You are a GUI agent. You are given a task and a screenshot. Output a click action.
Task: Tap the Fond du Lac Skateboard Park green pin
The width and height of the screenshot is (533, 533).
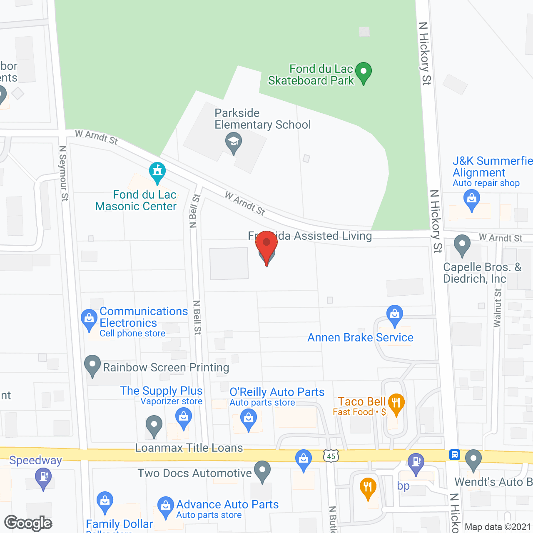[x=364, y=72]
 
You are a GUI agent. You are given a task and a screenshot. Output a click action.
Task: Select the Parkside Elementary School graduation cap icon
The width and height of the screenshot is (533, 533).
[x=234, y=142]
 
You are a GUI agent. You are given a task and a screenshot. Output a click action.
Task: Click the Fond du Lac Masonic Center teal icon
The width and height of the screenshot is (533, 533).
[x=157, y=172]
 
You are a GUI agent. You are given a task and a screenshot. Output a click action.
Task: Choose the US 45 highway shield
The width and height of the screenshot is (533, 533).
[x=331, y=456]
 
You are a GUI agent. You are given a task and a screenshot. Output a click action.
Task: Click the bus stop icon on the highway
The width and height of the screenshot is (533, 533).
[x=454, y=454]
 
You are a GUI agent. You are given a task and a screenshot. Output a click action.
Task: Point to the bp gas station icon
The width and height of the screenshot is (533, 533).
[x=416, y=463]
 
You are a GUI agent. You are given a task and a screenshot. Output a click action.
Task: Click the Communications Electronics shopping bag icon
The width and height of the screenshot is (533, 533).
[x=89, y=319]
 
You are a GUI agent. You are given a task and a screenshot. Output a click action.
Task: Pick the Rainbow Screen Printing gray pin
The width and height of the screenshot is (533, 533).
[x=92, y=365]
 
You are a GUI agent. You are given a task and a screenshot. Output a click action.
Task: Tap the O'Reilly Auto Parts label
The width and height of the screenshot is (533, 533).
[x=277, y=392]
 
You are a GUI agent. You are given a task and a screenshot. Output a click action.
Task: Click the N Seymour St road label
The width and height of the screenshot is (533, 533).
[x=63, y=173]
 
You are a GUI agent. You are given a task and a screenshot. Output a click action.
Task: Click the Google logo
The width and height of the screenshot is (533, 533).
[x=28, y=523]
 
